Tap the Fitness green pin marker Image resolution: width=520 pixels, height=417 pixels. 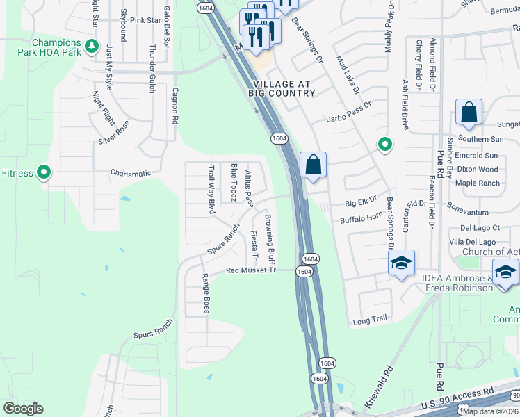point(44,172)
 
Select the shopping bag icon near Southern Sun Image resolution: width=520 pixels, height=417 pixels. point(469,112)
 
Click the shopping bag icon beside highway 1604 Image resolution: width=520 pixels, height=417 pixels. point(314,165)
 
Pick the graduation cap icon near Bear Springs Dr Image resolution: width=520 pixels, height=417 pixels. point(401,263)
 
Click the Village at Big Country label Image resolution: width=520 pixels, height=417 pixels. point(279,88)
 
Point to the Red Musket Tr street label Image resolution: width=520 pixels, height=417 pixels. point(251,270)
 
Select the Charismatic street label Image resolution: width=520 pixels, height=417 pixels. point(131,173)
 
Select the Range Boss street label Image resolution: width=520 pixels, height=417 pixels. point(206,293)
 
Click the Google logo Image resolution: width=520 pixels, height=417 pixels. point(23,409)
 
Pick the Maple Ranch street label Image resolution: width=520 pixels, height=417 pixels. point(478,183)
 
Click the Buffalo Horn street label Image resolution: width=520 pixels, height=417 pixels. point(361,219)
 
